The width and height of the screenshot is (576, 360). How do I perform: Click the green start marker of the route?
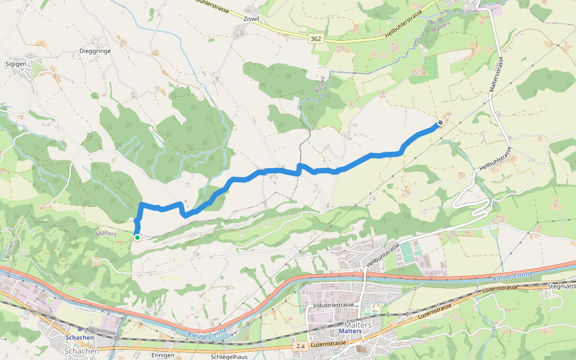(137, 238)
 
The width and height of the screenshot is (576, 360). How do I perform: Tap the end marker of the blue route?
(440, 123)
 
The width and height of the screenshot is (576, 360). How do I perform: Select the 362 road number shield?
(316, 38)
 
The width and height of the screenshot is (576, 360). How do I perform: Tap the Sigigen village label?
(16, 63)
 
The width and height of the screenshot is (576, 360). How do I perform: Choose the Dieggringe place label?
(95, 51)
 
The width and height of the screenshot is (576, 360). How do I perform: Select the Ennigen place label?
(163, 355)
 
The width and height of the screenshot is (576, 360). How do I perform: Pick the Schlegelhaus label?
(230, 356)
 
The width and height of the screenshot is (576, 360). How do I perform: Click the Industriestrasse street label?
(334, 305)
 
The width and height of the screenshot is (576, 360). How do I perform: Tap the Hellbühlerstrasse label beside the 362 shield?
(405, 27)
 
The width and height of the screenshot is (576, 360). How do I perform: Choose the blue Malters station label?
(350, 331)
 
